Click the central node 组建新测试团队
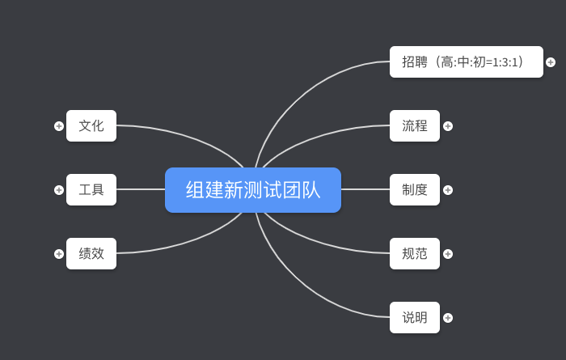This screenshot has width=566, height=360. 253,190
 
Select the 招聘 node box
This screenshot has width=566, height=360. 466,61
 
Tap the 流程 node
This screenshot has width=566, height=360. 415,125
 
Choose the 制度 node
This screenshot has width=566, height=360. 415,190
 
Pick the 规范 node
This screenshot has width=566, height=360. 415,254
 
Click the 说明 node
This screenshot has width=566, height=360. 415,318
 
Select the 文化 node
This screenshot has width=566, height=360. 91,125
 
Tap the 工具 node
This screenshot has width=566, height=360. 91,190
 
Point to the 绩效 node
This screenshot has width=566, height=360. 91,253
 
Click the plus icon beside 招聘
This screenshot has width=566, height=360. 551,62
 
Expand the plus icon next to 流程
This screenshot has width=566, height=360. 448,126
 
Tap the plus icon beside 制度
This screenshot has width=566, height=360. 448,190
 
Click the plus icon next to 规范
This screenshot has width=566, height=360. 448,254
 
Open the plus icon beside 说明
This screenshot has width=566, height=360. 448,318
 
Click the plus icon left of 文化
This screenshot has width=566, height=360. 59,126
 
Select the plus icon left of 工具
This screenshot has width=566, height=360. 59,190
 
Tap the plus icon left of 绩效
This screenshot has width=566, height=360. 59,254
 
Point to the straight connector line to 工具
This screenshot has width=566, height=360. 141,189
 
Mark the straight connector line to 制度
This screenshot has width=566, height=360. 365,189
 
